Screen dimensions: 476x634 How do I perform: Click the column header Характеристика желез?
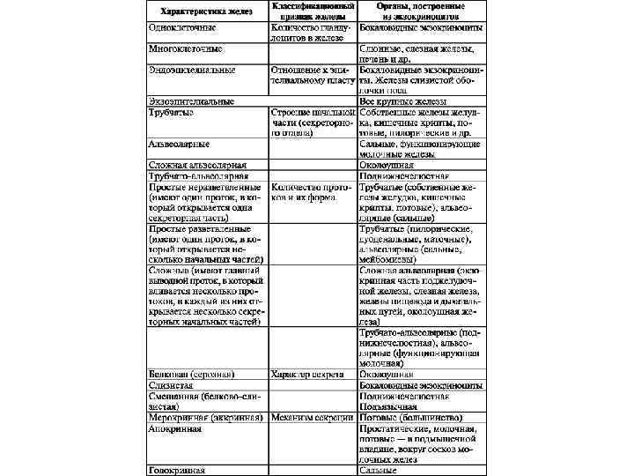(205, 12)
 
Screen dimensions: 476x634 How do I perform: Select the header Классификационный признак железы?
(313, 11)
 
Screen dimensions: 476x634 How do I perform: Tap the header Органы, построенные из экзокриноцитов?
(420, 11)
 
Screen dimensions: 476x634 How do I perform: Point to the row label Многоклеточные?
(186, 48)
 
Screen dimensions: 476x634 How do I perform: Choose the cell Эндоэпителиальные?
(190, 68)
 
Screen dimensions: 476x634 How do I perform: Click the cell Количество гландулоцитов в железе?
(313, 33)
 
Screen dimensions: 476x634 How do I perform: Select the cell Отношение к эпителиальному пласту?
(313, 73)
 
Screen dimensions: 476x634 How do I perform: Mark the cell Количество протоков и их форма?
(313, 192)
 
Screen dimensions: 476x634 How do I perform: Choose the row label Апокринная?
(175, 428)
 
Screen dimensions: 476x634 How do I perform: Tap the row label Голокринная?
(177, 470)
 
